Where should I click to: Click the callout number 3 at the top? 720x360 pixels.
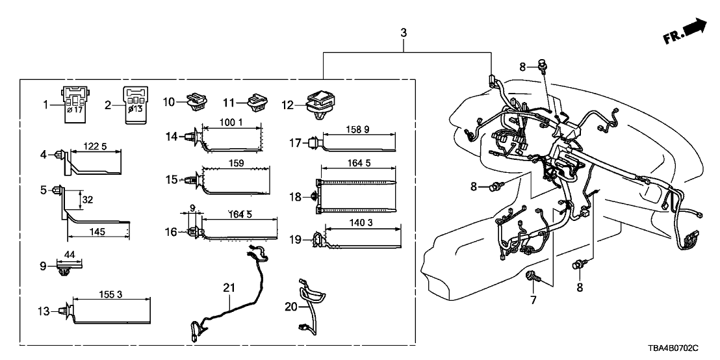(x=404, y=32)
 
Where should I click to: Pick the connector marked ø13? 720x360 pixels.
(x=136, y=101)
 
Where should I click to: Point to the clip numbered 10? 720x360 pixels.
(x=195, y=102)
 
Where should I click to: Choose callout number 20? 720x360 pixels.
(x=290, y=306)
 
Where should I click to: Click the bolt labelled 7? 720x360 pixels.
(x=532, y=279)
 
